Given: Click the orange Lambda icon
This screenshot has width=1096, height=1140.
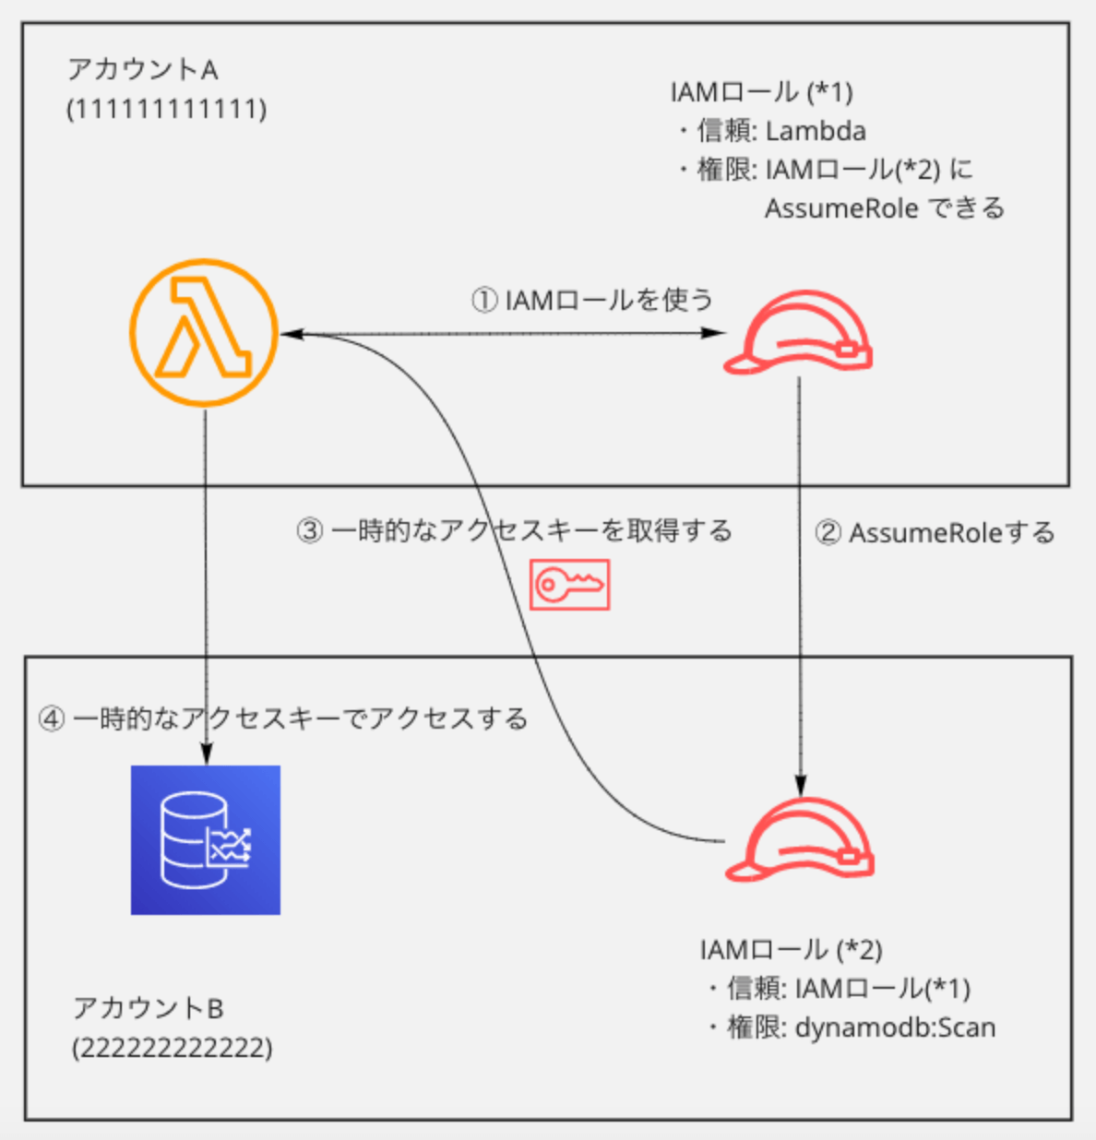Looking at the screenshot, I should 204,332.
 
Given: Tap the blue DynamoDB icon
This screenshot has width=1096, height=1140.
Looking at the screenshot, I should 206,839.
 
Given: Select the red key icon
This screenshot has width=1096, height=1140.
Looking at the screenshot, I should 569,585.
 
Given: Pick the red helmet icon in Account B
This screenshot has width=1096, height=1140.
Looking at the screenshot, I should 799,839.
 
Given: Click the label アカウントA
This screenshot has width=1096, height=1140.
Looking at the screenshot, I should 143,69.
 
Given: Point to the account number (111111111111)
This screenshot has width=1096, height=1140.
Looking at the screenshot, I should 167,109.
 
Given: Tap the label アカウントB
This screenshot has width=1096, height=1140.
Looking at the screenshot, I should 149,1008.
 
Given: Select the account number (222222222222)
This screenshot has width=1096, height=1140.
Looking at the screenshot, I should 173,1048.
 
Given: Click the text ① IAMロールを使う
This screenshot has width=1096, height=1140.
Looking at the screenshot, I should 592,300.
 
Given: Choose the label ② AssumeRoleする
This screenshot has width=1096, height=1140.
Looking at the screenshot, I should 935,532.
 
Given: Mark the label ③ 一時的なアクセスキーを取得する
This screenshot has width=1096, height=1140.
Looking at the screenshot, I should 514,530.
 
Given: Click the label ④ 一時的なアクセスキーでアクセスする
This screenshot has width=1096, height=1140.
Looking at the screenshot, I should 283,718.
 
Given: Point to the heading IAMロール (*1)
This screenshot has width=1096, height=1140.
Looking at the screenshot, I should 762,91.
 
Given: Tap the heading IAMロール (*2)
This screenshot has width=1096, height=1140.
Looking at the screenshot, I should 792,949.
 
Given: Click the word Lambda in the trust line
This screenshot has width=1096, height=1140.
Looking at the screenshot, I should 816,131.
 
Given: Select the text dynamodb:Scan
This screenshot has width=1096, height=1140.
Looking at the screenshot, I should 896,1027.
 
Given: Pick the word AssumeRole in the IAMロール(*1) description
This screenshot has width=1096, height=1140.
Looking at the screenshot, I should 840,208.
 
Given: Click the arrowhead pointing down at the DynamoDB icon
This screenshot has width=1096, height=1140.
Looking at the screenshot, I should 205,754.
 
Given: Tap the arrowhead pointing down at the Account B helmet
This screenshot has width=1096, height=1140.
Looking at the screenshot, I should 800,785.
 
